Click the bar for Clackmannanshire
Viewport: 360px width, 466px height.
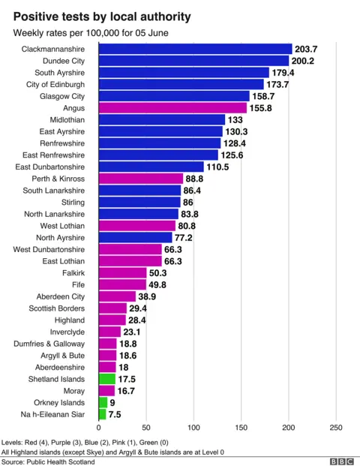point(195,49)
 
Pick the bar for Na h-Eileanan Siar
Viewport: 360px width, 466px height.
point(101,414)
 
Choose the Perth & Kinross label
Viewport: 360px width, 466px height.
point(58,179)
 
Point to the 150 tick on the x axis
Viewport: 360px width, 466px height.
point(241,428)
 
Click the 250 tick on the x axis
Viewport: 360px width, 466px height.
point(335,428)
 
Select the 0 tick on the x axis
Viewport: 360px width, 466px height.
point(98,428)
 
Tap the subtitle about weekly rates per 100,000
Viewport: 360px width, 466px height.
point(91,33)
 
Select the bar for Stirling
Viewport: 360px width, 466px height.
point(139,202)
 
